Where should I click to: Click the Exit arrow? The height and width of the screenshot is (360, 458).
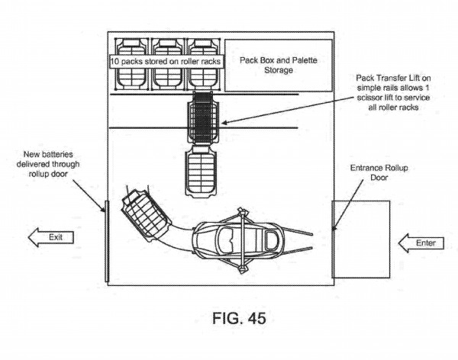[50, 237]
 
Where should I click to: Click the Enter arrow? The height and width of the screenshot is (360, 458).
[421, 243]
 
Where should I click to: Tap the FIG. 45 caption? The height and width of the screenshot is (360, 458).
[239, 318]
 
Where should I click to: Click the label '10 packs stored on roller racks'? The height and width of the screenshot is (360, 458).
[166, 62]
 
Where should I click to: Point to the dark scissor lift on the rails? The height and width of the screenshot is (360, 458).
[203, 117]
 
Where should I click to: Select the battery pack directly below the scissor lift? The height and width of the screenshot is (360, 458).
[202, 172]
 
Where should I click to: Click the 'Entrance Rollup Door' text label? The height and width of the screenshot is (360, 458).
[379, 172]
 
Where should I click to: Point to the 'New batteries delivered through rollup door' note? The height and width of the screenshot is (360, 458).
[48, 164]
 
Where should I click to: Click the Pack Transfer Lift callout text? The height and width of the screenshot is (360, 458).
[393, 92]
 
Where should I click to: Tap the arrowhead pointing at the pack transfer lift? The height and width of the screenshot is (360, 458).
[224, 123]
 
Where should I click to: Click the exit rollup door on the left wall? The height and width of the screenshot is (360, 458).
[107, 241]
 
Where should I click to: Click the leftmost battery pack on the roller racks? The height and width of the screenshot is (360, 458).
[131, 64]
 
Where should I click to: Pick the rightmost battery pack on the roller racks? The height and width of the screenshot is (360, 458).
[203, 64]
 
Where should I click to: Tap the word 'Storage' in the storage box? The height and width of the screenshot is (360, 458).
[279, 70]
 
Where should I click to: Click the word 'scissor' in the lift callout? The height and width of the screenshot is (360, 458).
[369, 98]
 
